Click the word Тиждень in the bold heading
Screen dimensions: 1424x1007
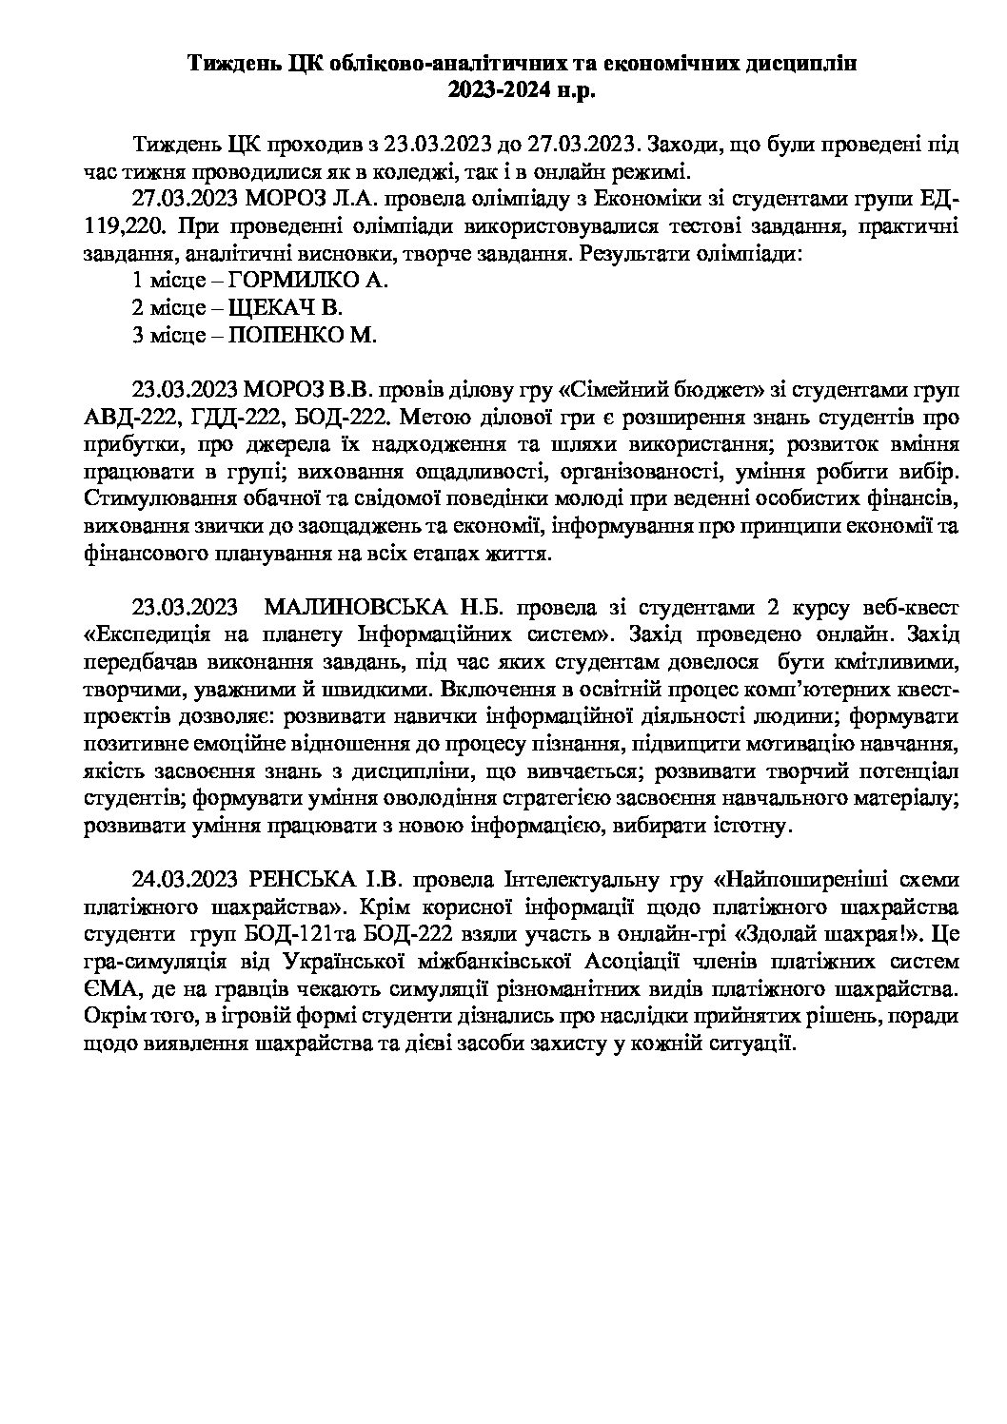click(227, 64)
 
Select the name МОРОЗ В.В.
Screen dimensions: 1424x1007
click(313, 390)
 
